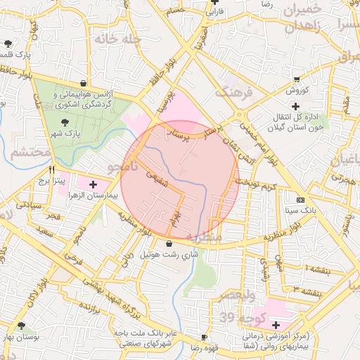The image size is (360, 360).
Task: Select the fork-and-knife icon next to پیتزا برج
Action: [x=51, y=169]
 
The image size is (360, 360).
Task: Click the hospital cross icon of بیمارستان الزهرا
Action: [x=94, y=184]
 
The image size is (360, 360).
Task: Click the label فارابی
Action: [x=214, y=11]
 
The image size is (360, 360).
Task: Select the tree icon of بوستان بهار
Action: [x=22, y=326]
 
